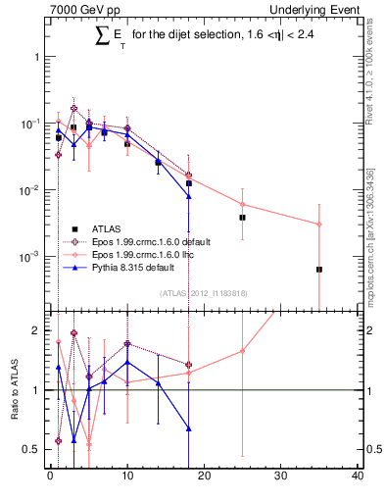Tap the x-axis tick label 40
click(358, 477)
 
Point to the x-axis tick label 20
click(204, 477)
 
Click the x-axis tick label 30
click(281, 477)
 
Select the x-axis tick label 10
click(126, 477)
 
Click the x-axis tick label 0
click(50, 477)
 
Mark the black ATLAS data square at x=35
click(319, 269)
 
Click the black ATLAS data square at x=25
click(242, 217)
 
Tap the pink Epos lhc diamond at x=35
click(319, 225)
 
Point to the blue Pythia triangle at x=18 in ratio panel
click(188, 428)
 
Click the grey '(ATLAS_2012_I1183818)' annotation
click(204, 291)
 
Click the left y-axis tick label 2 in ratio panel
click(36, 330)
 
